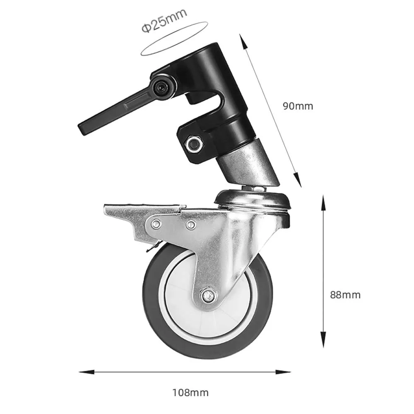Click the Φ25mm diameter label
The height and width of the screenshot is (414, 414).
click(164, 21)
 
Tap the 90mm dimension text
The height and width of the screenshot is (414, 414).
click(298, 106)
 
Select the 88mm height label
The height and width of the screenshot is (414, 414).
click(345, 295)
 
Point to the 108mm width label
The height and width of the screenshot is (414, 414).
click(190, 392)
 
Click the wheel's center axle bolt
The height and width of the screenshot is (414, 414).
click(208, 296)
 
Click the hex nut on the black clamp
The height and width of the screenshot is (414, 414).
click(194, 144)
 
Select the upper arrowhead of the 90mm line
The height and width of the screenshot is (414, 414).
click(243, 41)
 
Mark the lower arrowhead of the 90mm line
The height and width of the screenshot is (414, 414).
click(297, 180)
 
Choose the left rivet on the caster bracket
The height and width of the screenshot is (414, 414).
click(156, 224)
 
